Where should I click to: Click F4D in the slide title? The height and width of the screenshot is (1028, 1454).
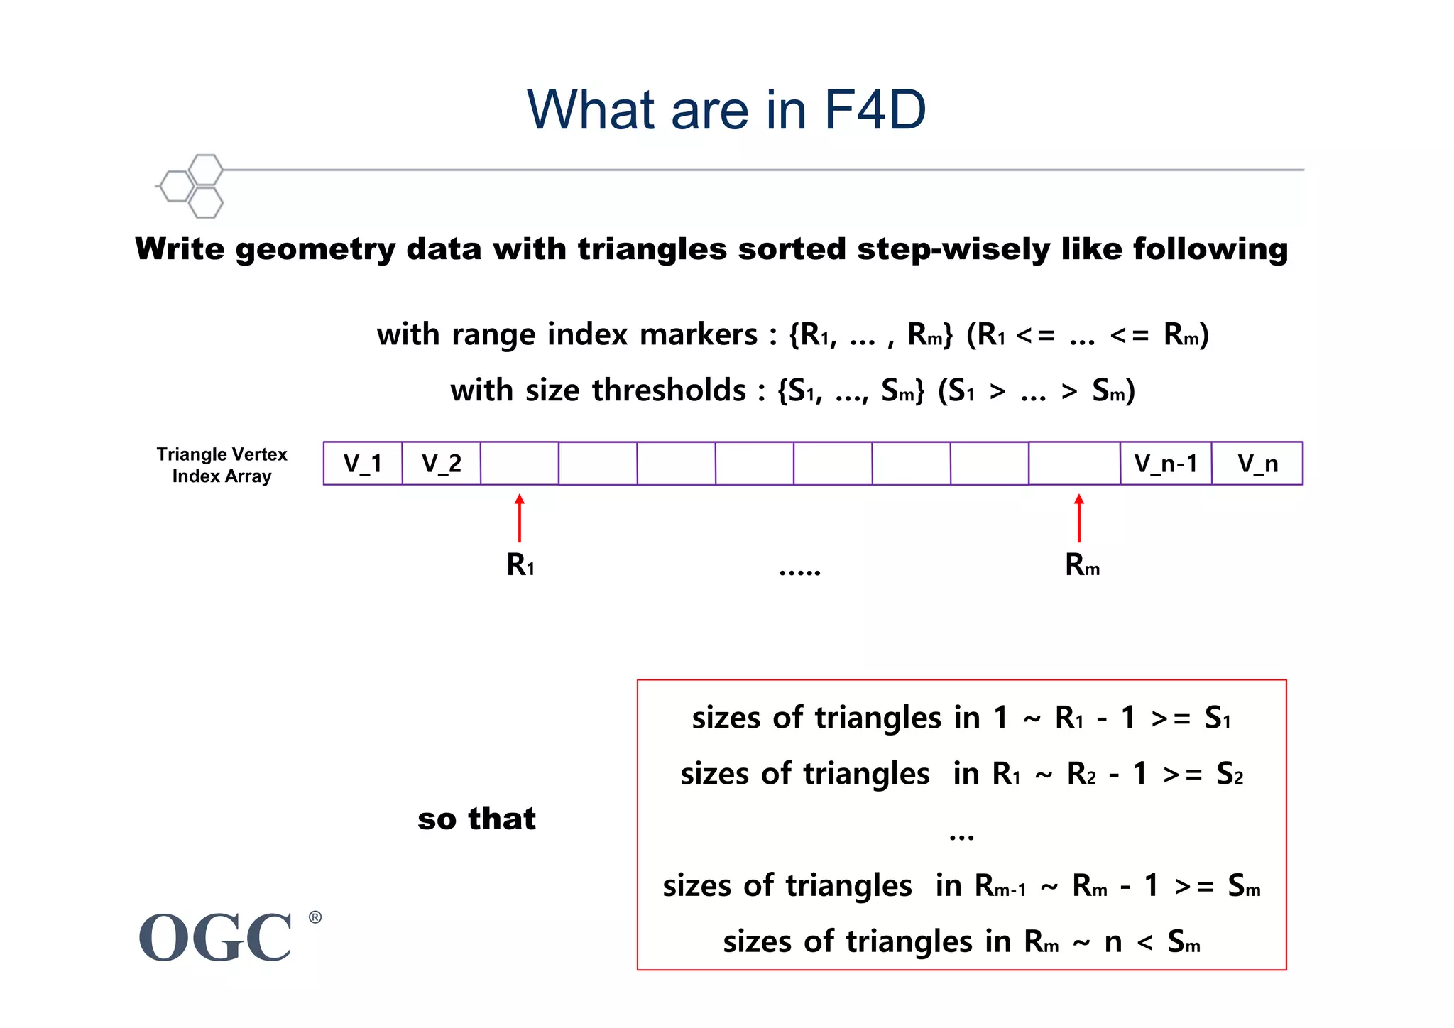point(875,110)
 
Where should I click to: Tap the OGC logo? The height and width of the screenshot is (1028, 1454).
point(216,937)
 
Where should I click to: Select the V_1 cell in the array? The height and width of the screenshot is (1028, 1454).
point(363,464)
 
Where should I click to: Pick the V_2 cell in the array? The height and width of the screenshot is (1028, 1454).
point(441,464)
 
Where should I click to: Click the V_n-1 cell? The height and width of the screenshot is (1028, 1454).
point(1166,464)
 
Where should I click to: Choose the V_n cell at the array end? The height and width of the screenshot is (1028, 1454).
point(1257,464)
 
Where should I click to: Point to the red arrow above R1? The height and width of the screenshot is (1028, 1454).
point(520,518)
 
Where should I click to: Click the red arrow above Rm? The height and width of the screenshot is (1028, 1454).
point(1079,518)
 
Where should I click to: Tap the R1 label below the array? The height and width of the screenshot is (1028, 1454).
point(520,566)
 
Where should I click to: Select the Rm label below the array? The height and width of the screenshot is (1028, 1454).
point(1082,566)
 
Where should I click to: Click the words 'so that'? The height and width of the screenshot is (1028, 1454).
point(476,819)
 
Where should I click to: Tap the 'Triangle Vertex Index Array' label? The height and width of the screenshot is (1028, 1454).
point(222,465)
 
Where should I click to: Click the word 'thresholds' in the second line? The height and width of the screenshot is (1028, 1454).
point(669,390)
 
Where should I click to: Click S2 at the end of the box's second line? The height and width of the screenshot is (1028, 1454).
point(1229,774)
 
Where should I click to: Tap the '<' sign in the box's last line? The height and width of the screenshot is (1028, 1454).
point(1144,943)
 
